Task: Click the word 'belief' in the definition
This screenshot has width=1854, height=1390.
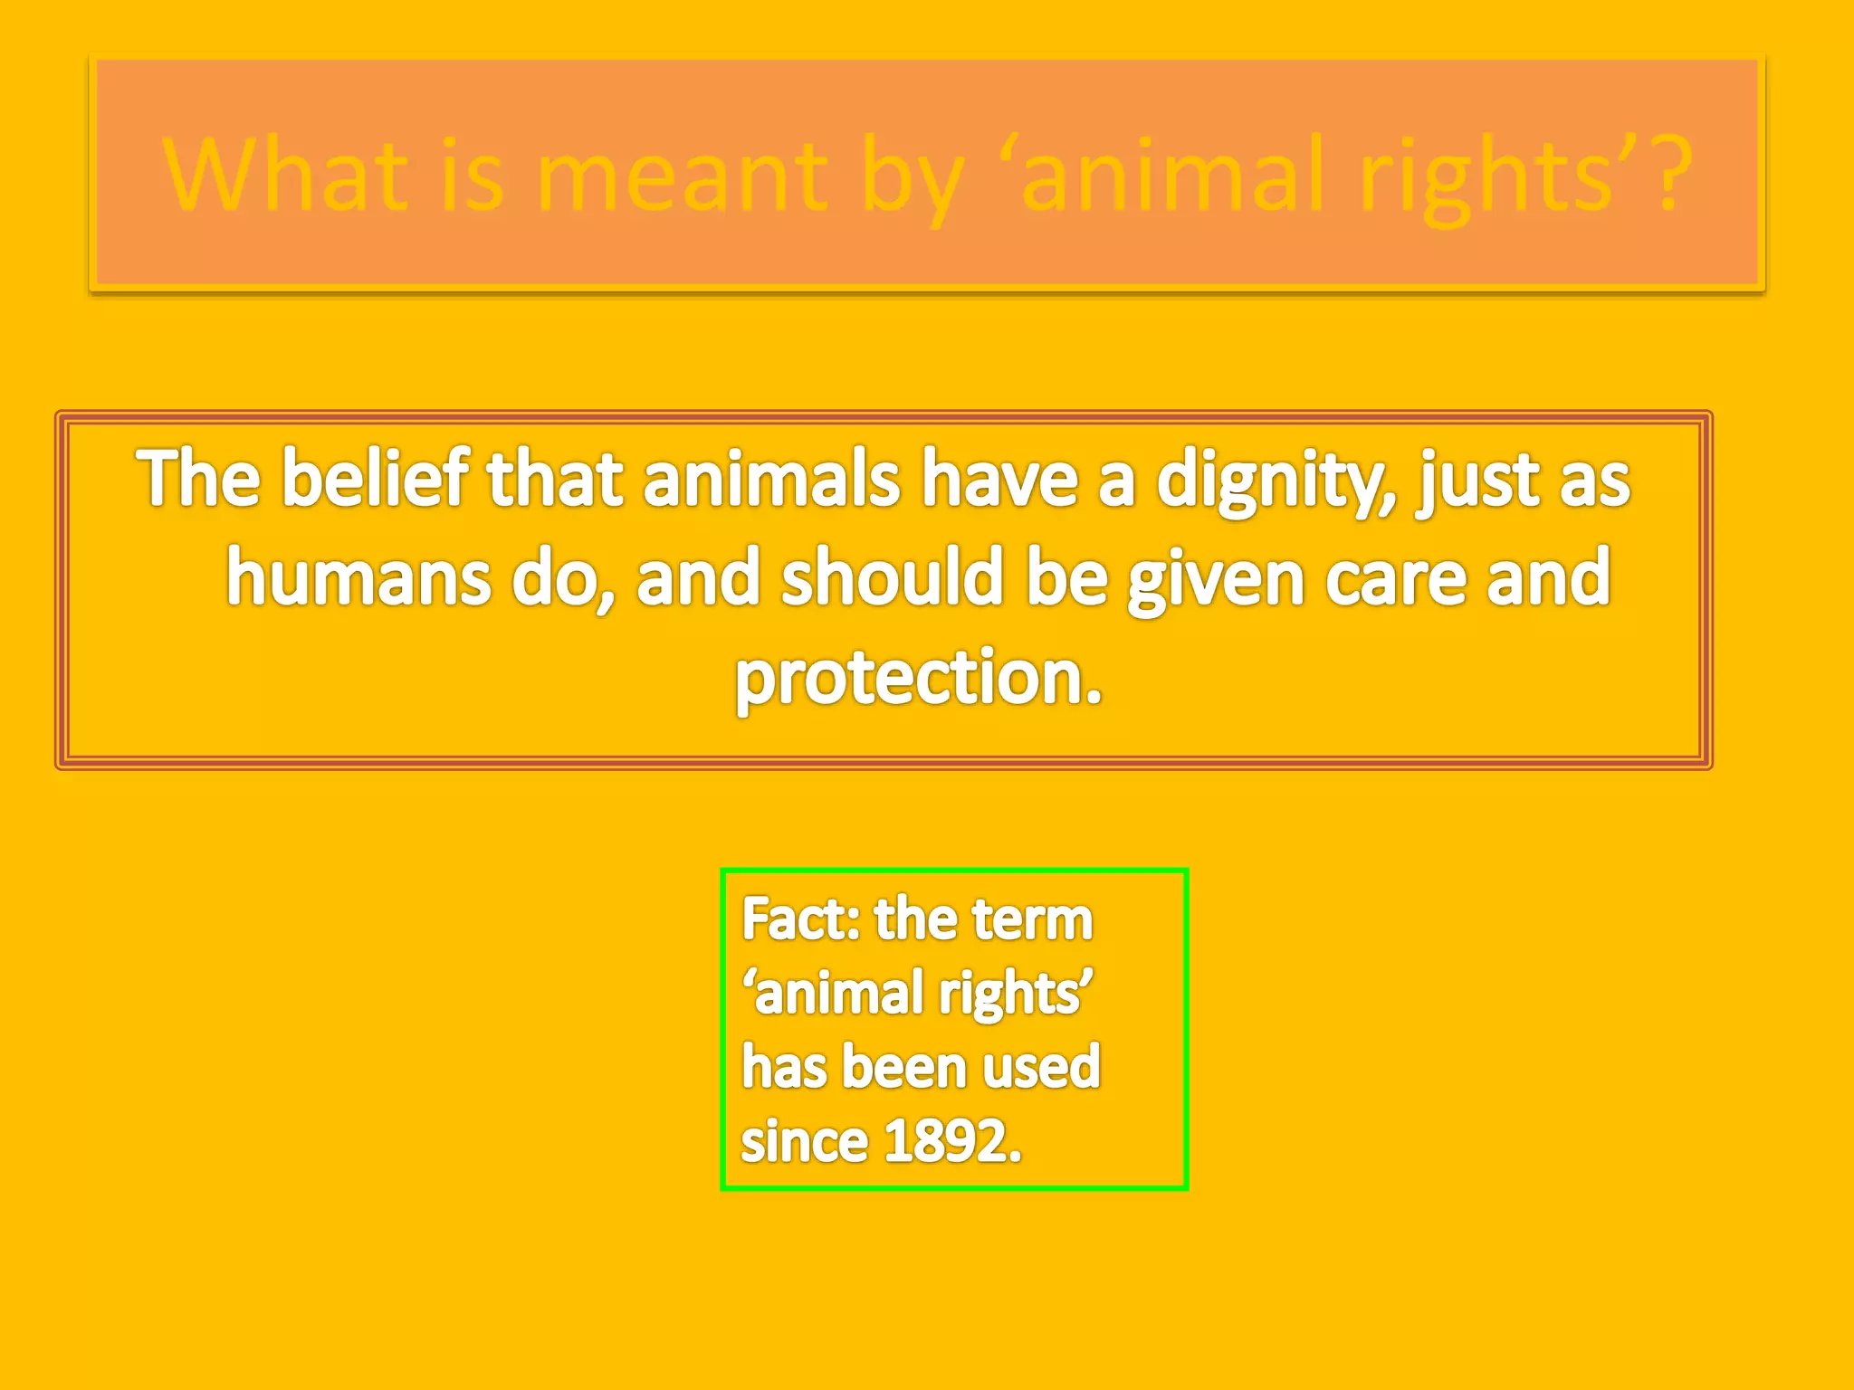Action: pos(374,480)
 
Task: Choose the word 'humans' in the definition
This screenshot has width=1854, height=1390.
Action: pos(358,579)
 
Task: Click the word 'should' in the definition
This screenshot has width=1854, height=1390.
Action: pos(893,579)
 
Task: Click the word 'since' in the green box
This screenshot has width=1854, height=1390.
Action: pos(804,1142)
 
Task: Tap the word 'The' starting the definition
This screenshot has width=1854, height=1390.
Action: pos(198,480)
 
